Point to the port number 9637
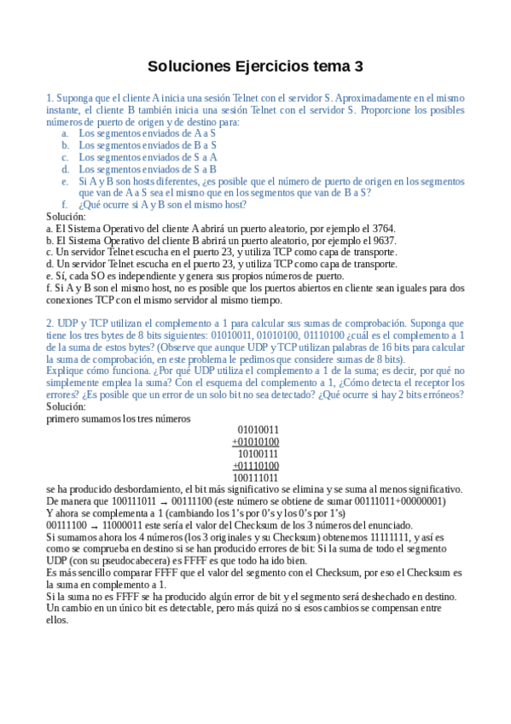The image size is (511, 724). [382, 242]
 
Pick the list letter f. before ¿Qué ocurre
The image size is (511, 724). [64, 205]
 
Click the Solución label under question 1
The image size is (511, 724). [66, 217]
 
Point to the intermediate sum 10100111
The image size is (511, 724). [258, 453]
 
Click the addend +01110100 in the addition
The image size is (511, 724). [255, 466]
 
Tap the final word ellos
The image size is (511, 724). [57, 620]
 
